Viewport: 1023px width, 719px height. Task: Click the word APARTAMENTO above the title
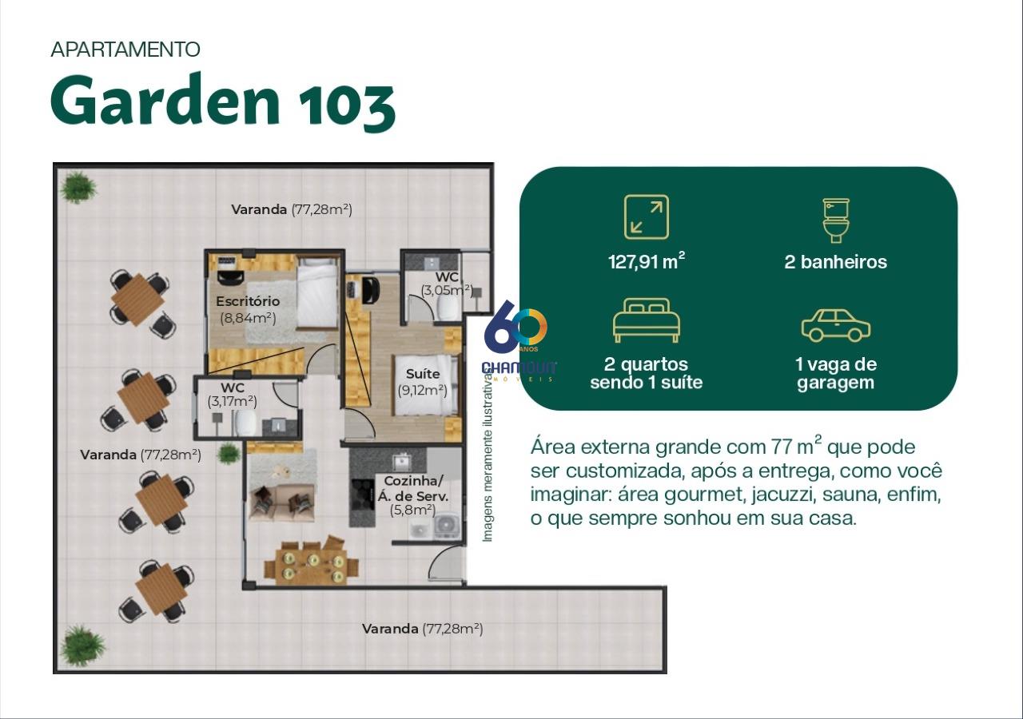[x=125, y=50]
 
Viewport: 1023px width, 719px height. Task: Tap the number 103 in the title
[x=347, y=105]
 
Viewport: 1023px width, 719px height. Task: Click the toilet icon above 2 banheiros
[x=836, y=220]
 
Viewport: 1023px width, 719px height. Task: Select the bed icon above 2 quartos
[x=647, y=320]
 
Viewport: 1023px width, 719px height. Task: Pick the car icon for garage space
[x=836, y=325]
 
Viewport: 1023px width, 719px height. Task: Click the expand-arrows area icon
[x=647, y=217]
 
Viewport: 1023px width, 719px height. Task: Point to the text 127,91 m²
[x=647, y=261]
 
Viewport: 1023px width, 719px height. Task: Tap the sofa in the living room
[x=282, y=503]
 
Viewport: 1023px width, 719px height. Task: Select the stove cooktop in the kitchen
[x=362, y=494]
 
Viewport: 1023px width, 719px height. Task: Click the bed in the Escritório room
[x=317, y=292]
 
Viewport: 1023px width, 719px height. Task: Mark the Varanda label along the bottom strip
[x=390, y=629]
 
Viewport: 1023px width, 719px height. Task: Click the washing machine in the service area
[x=444, y=525]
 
